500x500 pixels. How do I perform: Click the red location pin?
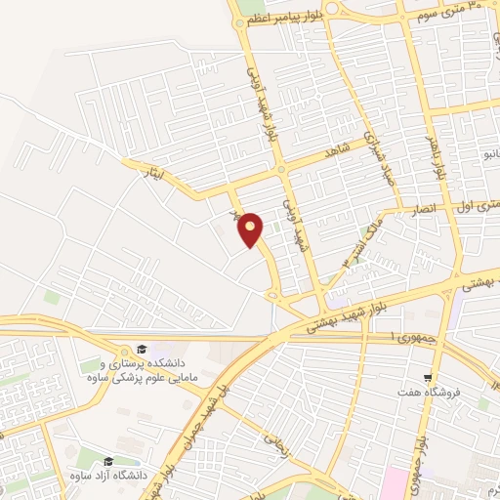coord(251,229)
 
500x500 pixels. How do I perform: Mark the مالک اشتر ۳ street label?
coord(355,248)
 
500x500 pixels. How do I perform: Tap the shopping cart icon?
coord(427,377)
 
